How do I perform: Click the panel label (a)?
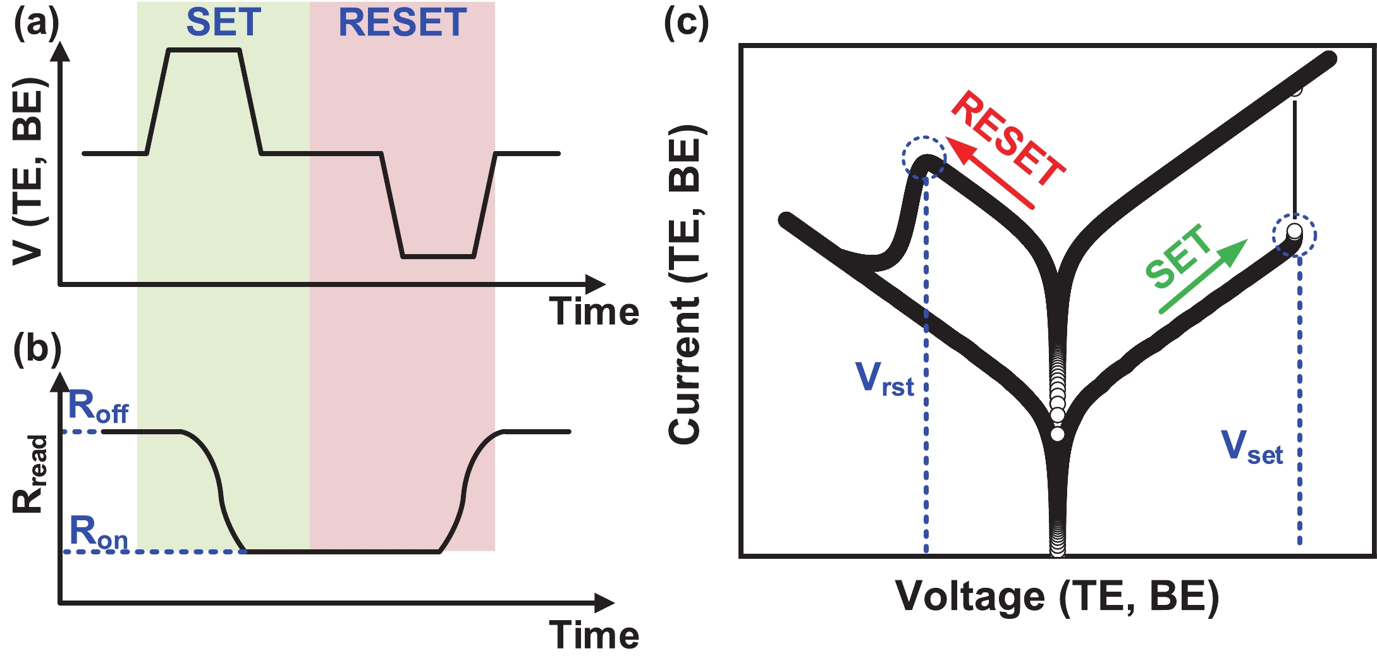[x=36, y=23]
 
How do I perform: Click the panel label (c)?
[x=686, y=23]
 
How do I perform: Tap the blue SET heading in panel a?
[x=223, y=23]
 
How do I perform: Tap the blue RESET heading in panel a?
[x=403, y=23]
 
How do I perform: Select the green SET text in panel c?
[x=1177, y=256]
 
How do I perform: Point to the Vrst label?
[x=884, y=379]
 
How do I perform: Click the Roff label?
[x=98, y=406]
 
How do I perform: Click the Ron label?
[x=98, y=532]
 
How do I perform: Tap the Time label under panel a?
[x=594, y=312]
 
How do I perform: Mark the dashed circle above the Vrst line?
[x=924, y=157]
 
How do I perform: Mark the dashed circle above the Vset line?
[x=1294, y=235]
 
